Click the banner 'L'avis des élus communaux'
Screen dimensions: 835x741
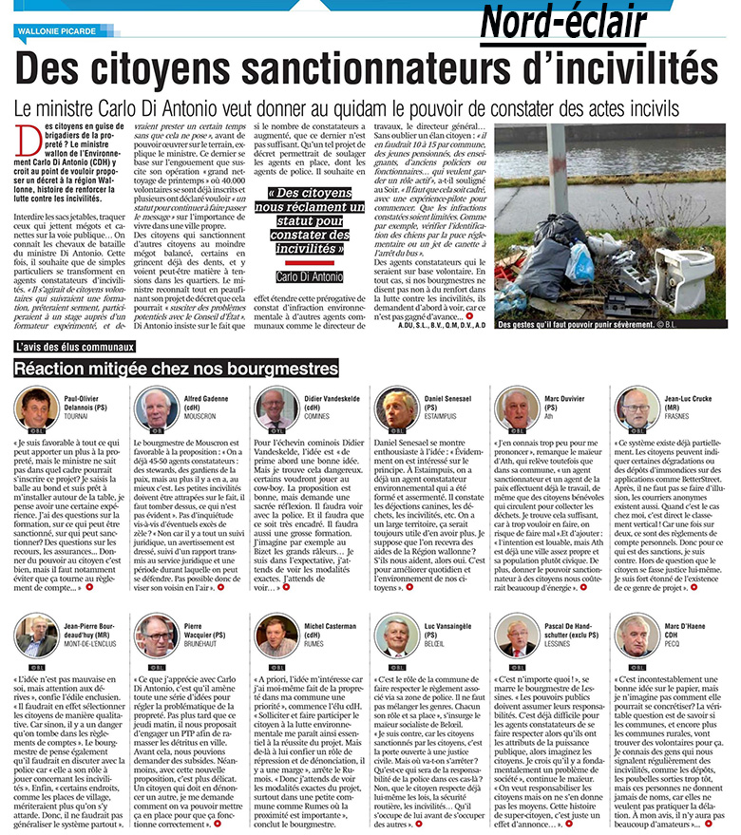click(75, 348)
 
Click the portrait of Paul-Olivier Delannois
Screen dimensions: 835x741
click(35, 407)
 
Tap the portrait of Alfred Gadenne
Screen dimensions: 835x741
click(155, 407)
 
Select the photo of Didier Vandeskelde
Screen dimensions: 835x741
click(275, 407)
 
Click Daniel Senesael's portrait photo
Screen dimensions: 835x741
click(395, 407)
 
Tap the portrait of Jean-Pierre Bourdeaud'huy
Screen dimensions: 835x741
click(35, 634)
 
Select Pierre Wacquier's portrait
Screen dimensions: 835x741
click(155, 634)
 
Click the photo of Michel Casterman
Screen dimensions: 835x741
click(275, 634)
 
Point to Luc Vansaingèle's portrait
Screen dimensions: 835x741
click(395, 634)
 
